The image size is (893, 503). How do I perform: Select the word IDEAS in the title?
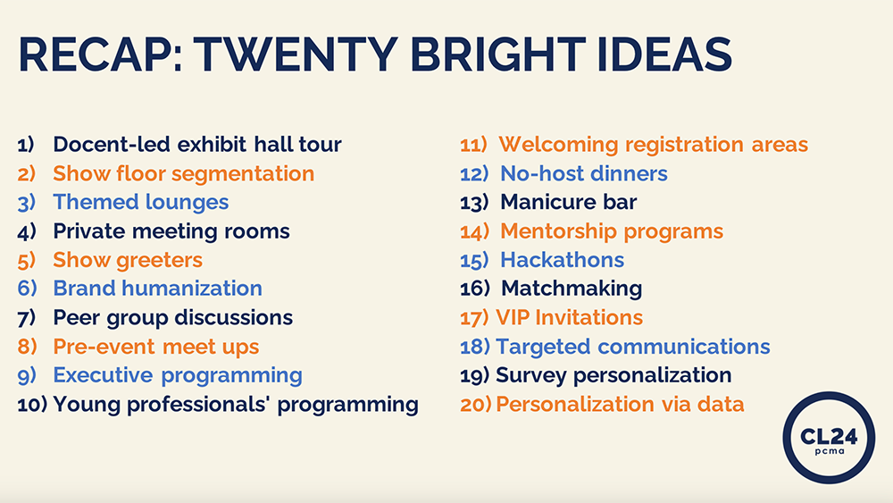664,54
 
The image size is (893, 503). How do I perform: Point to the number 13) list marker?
474,203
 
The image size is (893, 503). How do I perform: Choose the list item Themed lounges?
141,203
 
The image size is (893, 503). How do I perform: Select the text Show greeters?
128,260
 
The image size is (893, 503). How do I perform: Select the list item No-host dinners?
584,173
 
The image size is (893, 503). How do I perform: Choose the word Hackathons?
562,260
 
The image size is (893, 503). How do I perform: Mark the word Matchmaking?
572,289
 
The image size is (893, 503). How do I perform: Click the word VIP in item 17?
513,318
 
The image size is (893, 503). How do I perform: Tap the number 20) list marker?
476,405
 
